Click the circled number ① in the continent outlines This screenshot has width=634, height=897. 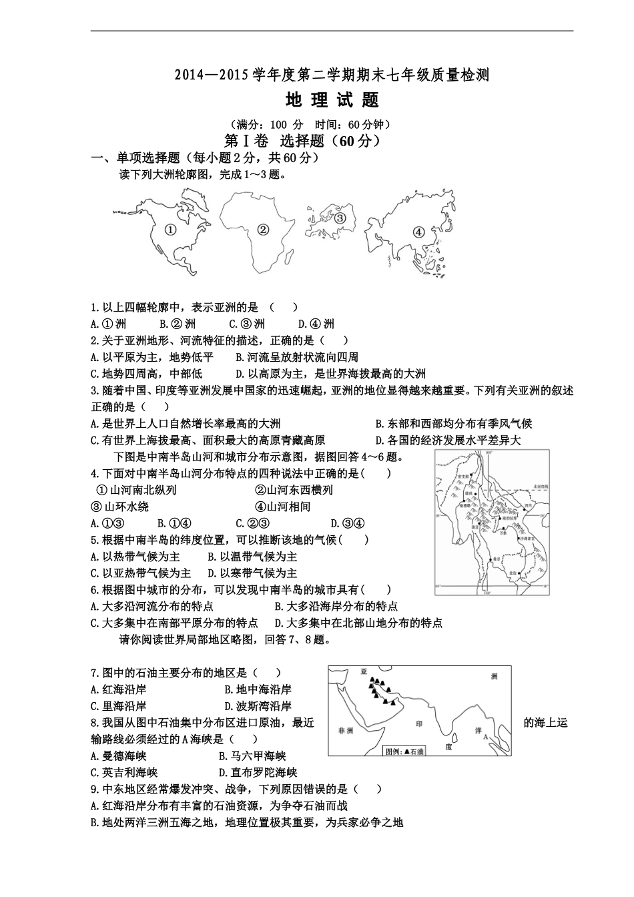pos(170,230)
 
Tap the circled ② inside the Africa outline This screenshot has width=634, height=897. pos(262,230)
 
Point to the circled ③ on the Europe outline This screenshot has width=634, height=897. pos(340,218)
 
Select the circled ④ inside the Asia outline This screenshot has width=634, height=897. pos(418,232)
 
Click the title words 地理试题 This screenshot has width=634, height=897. pos(332,100)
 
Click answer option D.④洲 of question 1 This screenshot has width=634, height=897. pos(316,324)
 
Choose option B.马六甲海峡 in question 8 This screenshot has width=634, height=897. pos(252,756)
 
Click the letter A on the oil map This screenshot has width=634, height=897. pos(485,737)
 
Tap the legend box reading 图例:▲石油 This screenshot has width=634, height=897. pos(404,751)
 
